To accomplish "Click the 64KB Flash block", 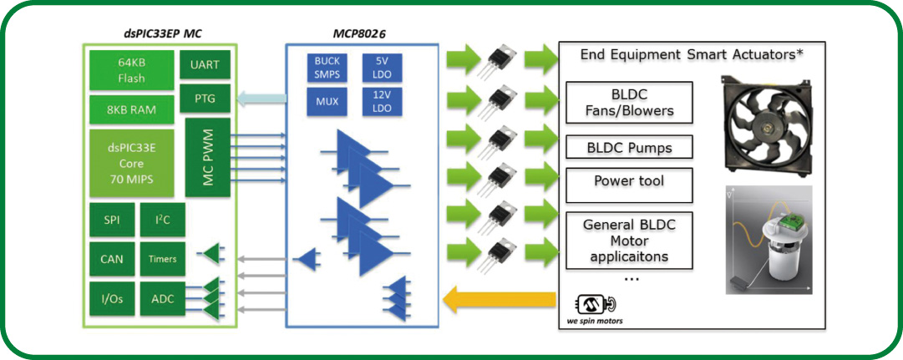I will click(x=132, y=70).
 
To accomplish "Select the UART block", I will click(x=205, y=64).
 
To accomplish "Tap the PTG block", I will click(x=205, y=99).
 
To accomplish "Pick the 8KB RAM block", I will click(x=132, y=109).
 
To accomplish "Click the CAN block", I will click(x=111, y=259).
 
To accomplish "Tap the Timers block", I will click(x=162, y=259).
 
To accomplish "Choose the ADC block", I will click(x=162, y=299).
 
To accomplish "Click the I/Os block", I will click(x=111, y=299).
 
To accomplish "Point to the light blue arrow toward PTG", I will click(x=260, y=100).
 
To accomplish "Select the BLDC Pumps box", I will click(x=630, y=149).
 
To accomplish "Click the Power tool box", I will click(x=630, y=181).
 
